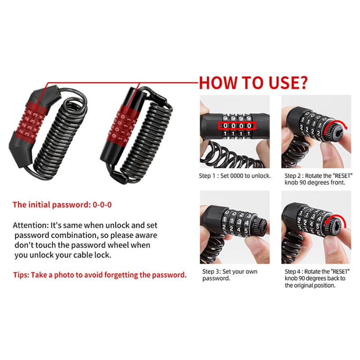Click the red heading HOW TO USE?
253,83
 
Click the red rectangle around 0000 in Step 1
237,126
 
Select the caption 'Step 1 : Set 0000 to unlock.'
235,176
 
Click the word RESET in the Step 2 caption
342,176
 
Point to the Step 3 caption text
229,275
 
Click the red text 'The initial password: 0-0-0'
62,205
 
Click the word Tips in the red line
21,275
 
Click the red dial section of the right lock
123,127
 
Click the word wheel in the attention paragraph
120,245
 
